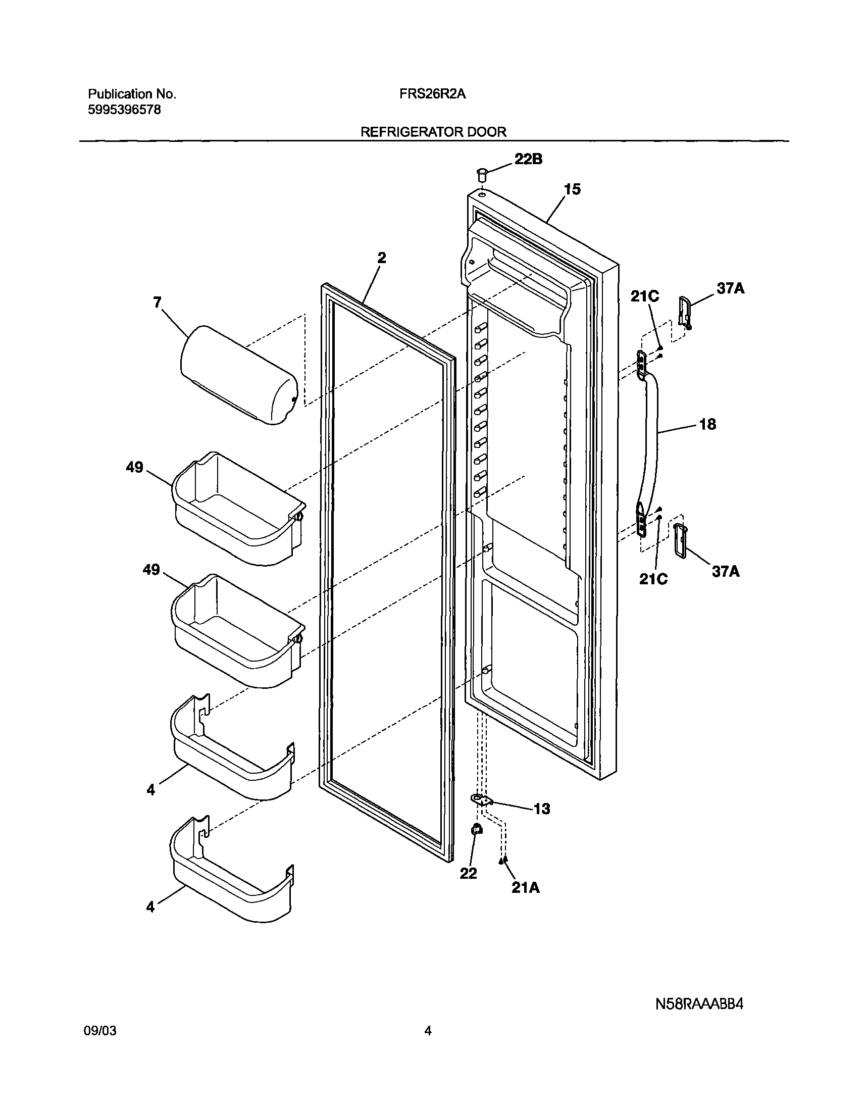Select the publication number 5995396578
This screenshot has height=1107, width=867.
coord(124,110)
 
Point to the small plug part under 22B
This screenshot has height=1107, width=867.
coord(481,175)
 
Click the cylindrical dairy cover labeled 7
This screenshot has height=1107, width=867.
coord(238,375)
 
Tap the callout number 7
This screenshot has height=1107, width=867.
coord(158,303)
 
